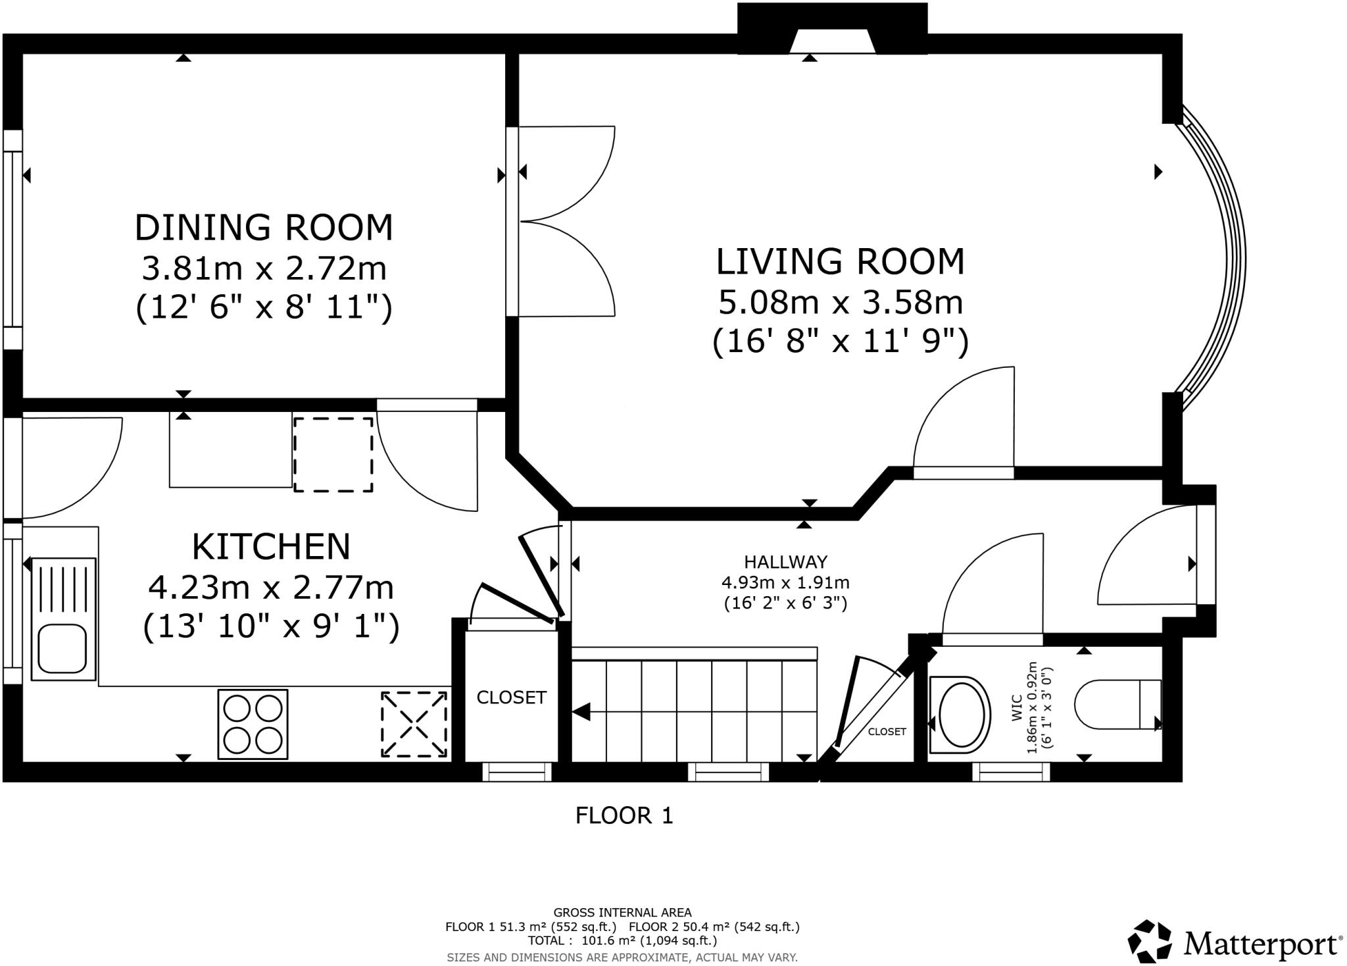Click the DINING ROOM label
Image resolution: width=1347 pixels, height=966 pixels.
[264, 228]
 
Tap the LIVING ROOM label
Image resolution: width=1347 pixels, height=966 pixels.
[840, 261]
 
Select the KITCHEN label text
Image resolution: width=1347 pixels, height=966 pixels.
[271, 546]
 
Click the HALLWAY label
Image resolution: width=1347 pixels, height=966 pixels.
[785, 562]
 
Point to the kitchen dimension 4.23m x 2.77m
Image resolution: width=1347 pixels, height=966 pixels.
[271, 587]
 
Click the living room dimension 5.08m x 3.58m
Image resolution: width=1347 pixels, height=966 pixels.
[840, 303]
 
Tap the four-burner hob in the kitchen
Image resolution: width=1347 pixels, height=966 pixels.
[253, 724]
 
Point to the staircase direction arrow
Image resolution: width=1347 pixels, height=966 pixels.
[581, 711]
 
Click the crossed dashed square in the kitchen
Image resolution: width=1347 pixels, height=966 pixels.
[415, 724]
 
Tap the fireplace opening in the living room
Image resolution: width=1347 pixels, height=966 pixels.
[832, 42]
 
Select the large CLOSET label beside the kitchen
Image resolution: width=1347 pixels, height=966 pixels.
[511, 698]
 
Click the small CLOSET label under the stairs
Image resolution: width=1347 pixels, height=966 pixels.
[887, 732]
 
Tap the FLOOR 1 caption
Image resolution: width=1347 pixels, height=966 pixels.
[624, 816]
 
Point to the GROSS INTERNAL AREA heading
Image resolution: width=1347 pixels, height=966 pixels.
[622, 913]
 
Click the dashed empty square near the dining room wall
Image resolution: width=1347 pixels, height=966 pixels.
[333, 454]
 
